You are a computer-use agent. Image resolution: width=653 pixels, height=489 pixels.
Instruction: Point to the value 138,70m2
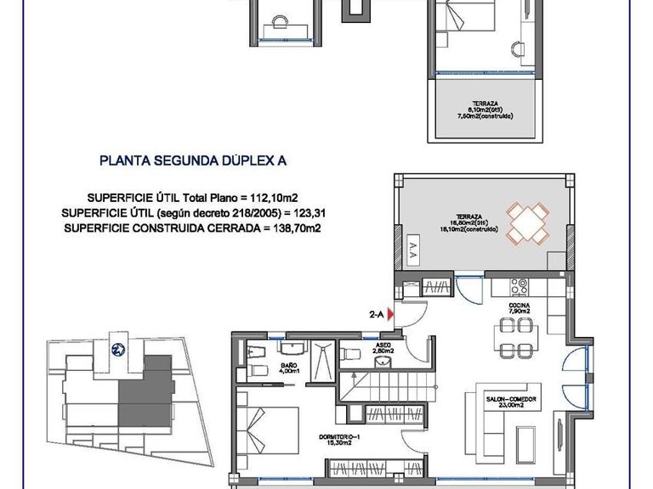pos(302,227)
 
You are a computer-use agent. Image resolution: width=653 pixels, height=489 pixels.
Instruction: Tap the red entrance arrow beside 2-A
pos(390,315)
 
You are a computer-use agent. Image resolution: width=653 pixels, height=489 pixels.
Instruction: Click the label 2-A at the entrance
pos(377,315)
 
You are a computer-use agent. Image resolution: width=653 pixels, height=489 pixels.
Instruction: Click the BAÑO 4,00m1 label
pos(290,368)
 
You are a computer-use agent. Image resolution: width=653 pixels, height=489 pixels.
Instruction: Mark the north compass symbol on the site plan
pos(116,347)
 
